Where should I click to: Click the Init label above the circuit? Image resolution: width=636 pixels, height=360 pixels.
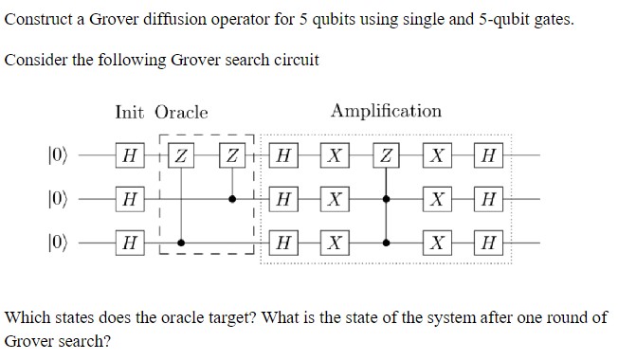click(x=129, y=112)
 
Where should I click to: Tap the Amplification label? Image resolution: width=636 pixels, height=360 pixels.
click(x=386, y=111)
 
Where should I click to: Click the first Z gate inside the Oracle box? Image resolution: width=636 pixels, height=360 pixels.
click(x=183, y=155)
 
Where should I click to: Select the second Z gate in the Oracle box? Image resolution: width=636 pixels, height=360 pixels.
click(x=234, y=155)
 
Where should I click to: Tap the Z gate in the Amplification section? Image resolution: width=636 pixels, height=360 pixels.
click(x=387, y=155)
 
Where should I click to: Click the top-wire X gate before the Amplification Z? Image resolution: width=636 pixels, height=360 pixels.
click(x=334, y=155)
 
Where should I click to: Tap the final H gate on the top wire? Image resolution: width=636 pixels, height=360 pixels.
click(x=488, y=155)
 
